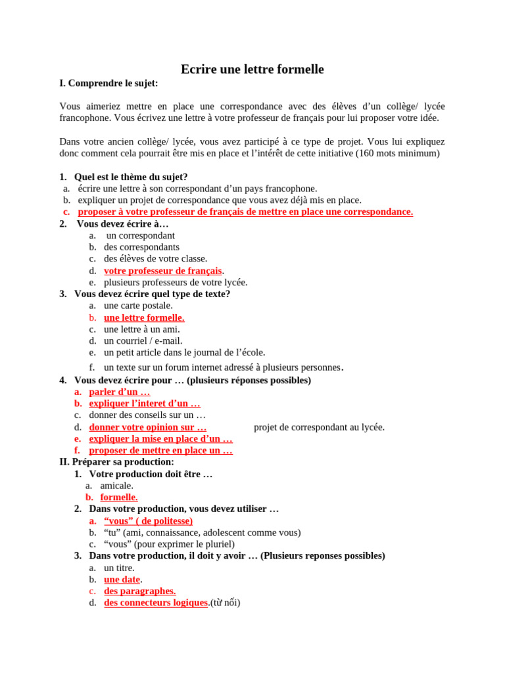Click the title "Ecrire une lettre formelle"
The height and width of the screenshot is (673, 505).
[x=252, y=70]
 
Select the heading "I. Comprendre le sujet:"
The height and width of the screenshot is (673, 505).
[x=108, y=83]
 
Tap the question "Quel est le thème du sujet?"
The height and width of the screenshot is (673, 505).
[x=131, y=177]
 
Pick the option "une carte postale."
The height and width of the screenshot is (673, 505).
[x=138, y=306]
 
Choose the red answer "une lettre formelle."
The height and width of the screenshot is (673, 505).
[x=144, y=317]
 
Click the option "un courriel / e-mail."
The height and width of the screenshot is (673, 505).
[x=143, y=341]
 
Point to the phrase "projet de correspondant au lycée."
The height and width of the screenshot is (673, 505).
[x=319, y=427]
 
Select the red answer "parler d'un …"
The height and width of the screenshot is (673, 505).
[x=119, y=392]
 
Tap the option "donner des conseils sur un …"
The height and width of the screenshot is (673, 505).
[x=147, y=415]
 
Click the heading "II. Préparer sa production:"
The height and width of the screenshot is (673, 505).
[x=116, y=462]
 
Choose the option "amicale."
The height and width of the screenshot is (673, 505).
[x=116, y=486]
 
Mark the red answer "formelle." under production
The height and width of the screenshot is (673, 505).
[x=119, y=498]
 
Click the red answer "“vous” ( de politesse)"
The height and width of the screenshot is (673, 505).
[x=148, y=521]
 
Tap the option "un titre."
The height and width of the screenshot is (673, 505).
[x=119, y=568]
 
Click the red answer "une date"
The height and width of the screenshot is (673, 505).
[x=122, y=580]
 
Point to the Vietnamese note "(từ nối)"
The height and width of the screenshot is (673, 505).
[x=225, y=603]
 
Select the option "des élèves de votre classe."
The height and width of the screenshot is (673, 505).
[x=155, y=259]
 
